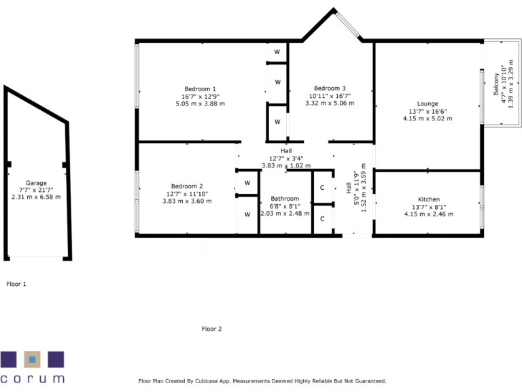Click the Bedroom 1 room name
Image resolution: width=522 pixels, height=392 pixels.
200,88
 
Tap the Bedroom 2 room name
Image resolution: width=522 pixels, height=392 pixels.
187,186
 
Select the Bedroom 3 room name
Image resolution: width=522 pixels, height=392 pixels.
330,88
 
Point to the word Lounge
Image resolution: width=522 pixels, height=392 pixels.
428,103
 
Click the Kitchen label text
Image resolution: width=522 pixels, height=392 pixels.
428,199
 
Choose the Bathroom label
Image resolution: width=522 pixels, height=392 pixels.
284,198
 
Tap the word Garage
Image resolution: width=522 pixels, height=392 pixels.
36,183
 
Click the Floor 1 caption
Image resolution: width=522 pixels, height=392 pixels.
16,283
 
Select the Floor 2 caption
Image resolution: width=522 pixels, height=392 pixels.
212,329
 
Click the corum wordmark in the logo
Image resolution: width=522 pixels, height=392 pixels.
33,378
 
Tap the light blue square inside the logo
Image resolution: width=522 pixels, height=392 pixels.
33,359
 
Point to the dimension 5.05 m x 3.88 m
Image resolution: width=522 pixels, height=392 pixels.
200,103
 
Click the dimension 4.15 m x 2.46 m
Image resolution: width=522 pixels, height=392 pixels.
428,214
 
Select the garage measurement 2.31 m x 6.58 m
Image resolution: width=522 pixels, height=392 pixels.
36,197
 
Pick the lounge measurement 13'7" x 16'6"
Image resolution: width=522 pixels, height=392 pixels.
428,111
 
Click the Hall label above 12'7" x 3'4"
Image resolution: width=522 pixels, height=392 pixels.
285,150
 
